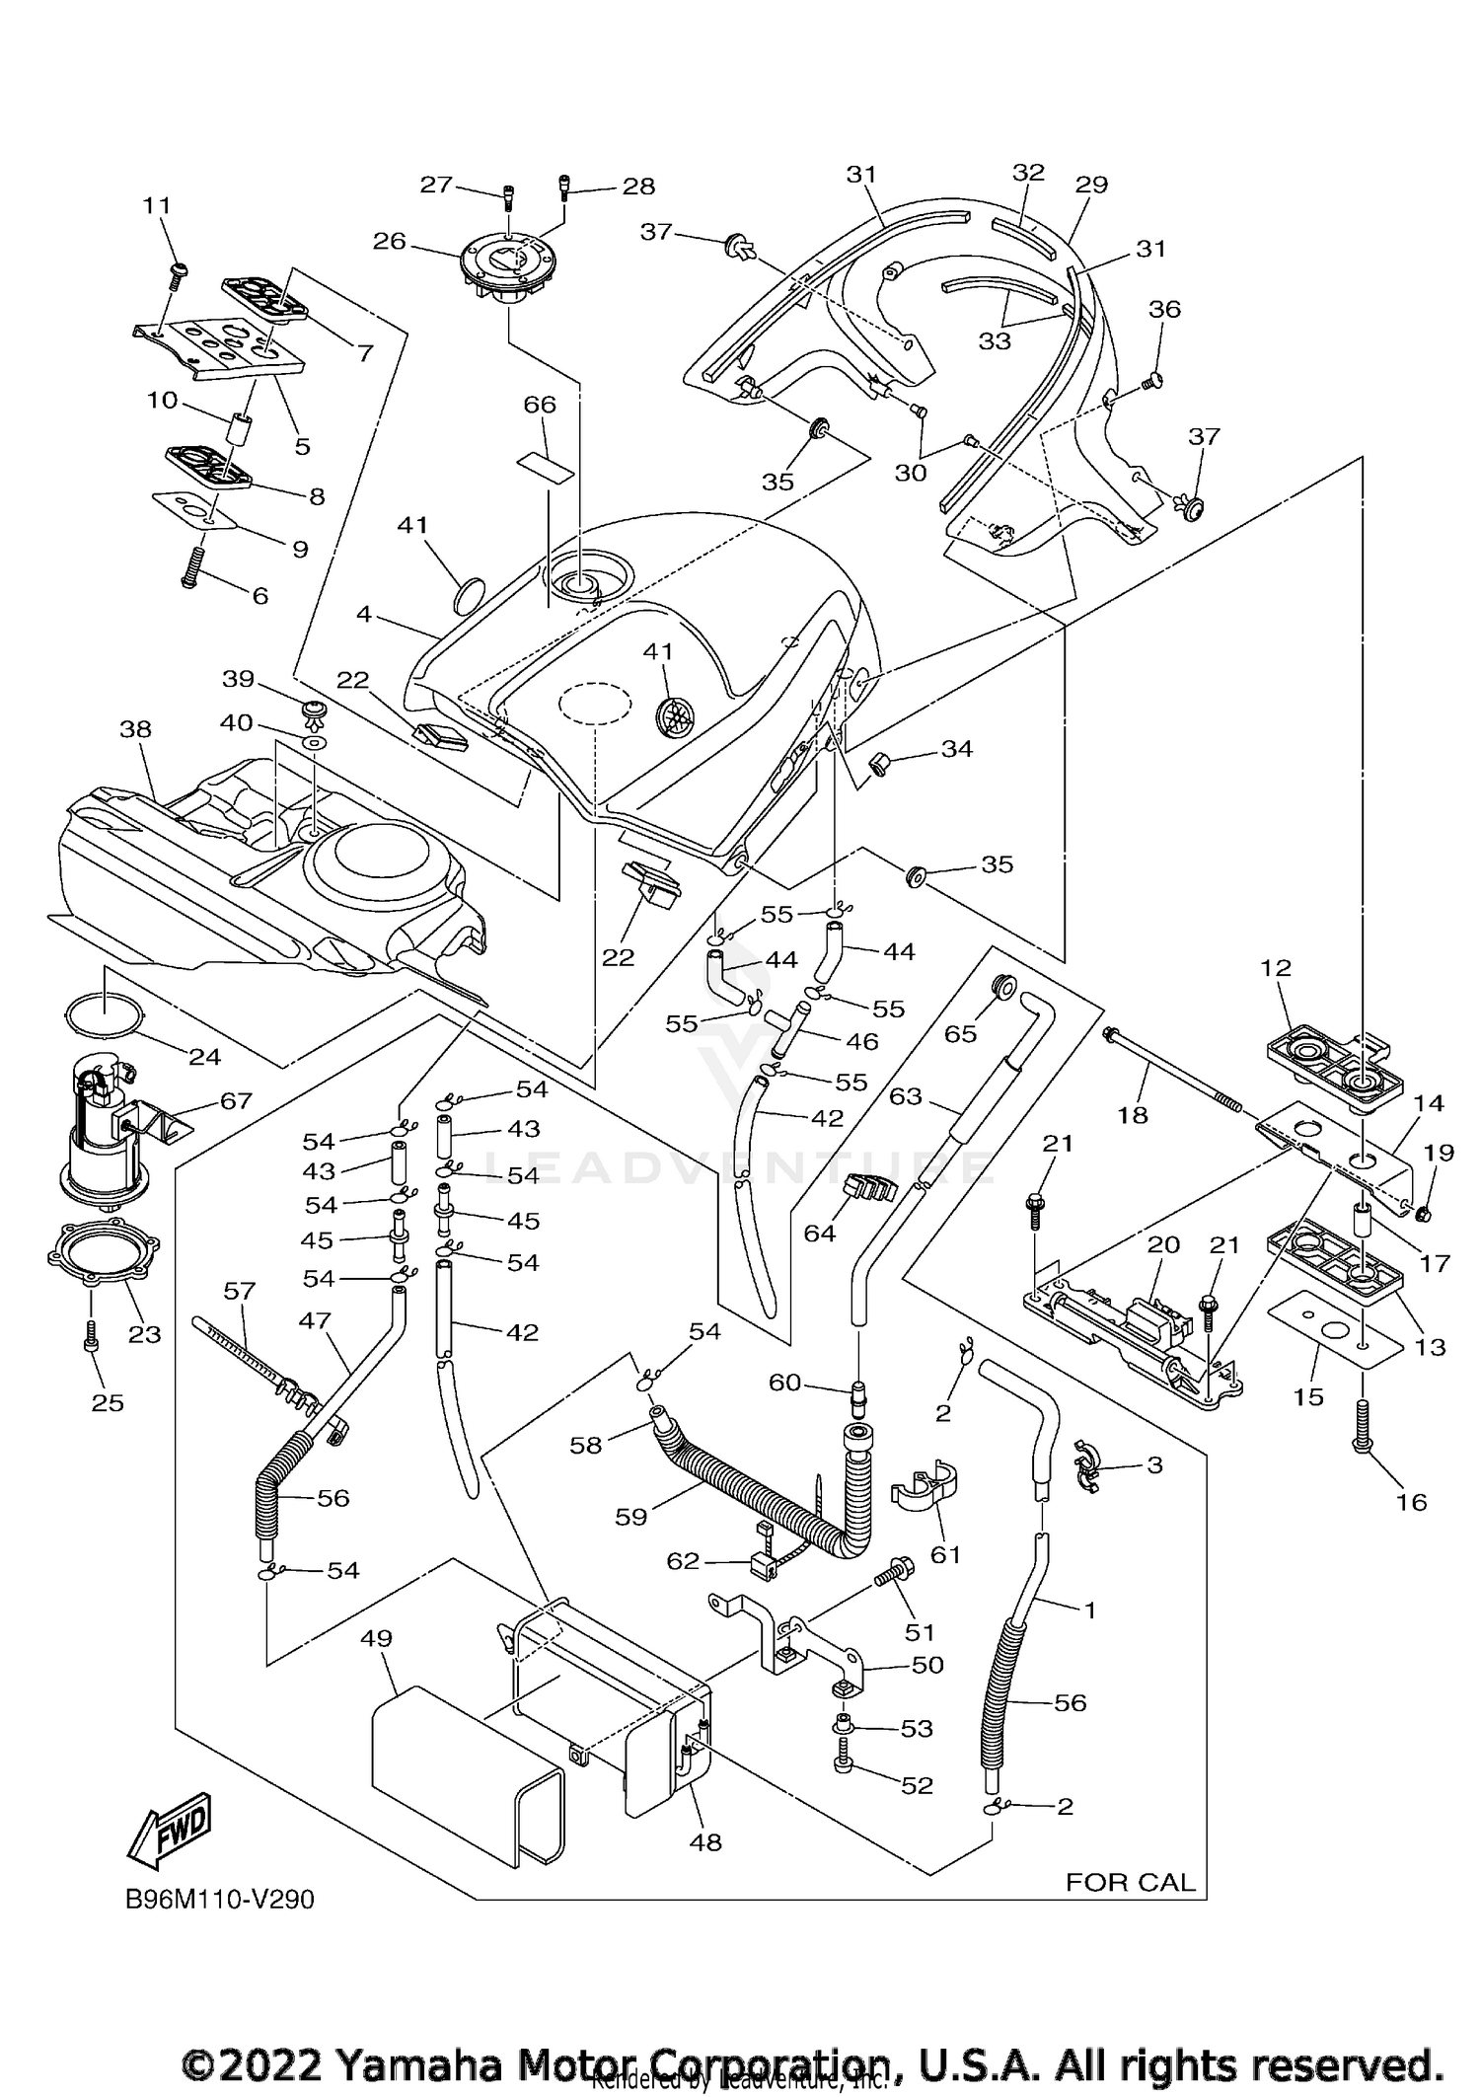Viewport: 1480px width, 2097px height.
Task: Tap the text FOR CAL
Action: pyautogui.click(x=1130, y=1882)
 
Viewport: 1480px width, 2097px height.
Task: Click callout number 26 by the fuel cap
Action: pyautogui.click(x=390, y=241)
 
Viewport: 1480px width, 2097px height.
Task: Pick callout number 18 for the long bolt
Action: pyautogui.click(x=1133, y=1114)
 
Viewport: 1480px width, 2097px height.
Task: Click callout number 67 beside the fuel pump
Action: pyautogui.click(x=236, y=1099)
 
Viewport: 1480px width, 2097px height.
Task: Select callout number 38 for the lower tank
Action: pyautogui.click(x=135, y=729)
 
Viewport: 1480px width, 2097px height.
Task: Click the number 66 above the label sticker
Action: pyautogui.click(x=540, y=405)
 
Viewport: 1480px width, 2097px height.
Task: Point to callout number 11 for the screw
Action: pyautogui.click(x=157, y=205)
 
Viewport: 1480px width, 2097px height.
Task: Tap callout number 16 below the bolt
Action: pyautogui.click(x=1412, y=1501)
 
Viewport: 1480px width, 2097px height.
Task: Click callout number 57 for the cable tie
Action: pyautogui.click(x=240, y=1291)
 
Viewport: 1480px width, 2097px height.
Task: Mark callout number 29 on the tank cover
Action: pyautogui.click(x=1092, y=185)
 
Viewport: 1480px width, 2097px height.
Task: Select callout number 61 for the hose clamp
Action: pyautogui.click(x=945, y=1554)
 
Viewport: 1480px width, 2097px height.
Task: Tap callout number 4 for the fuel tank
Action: pyautogui.click(x=364, y=614)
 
